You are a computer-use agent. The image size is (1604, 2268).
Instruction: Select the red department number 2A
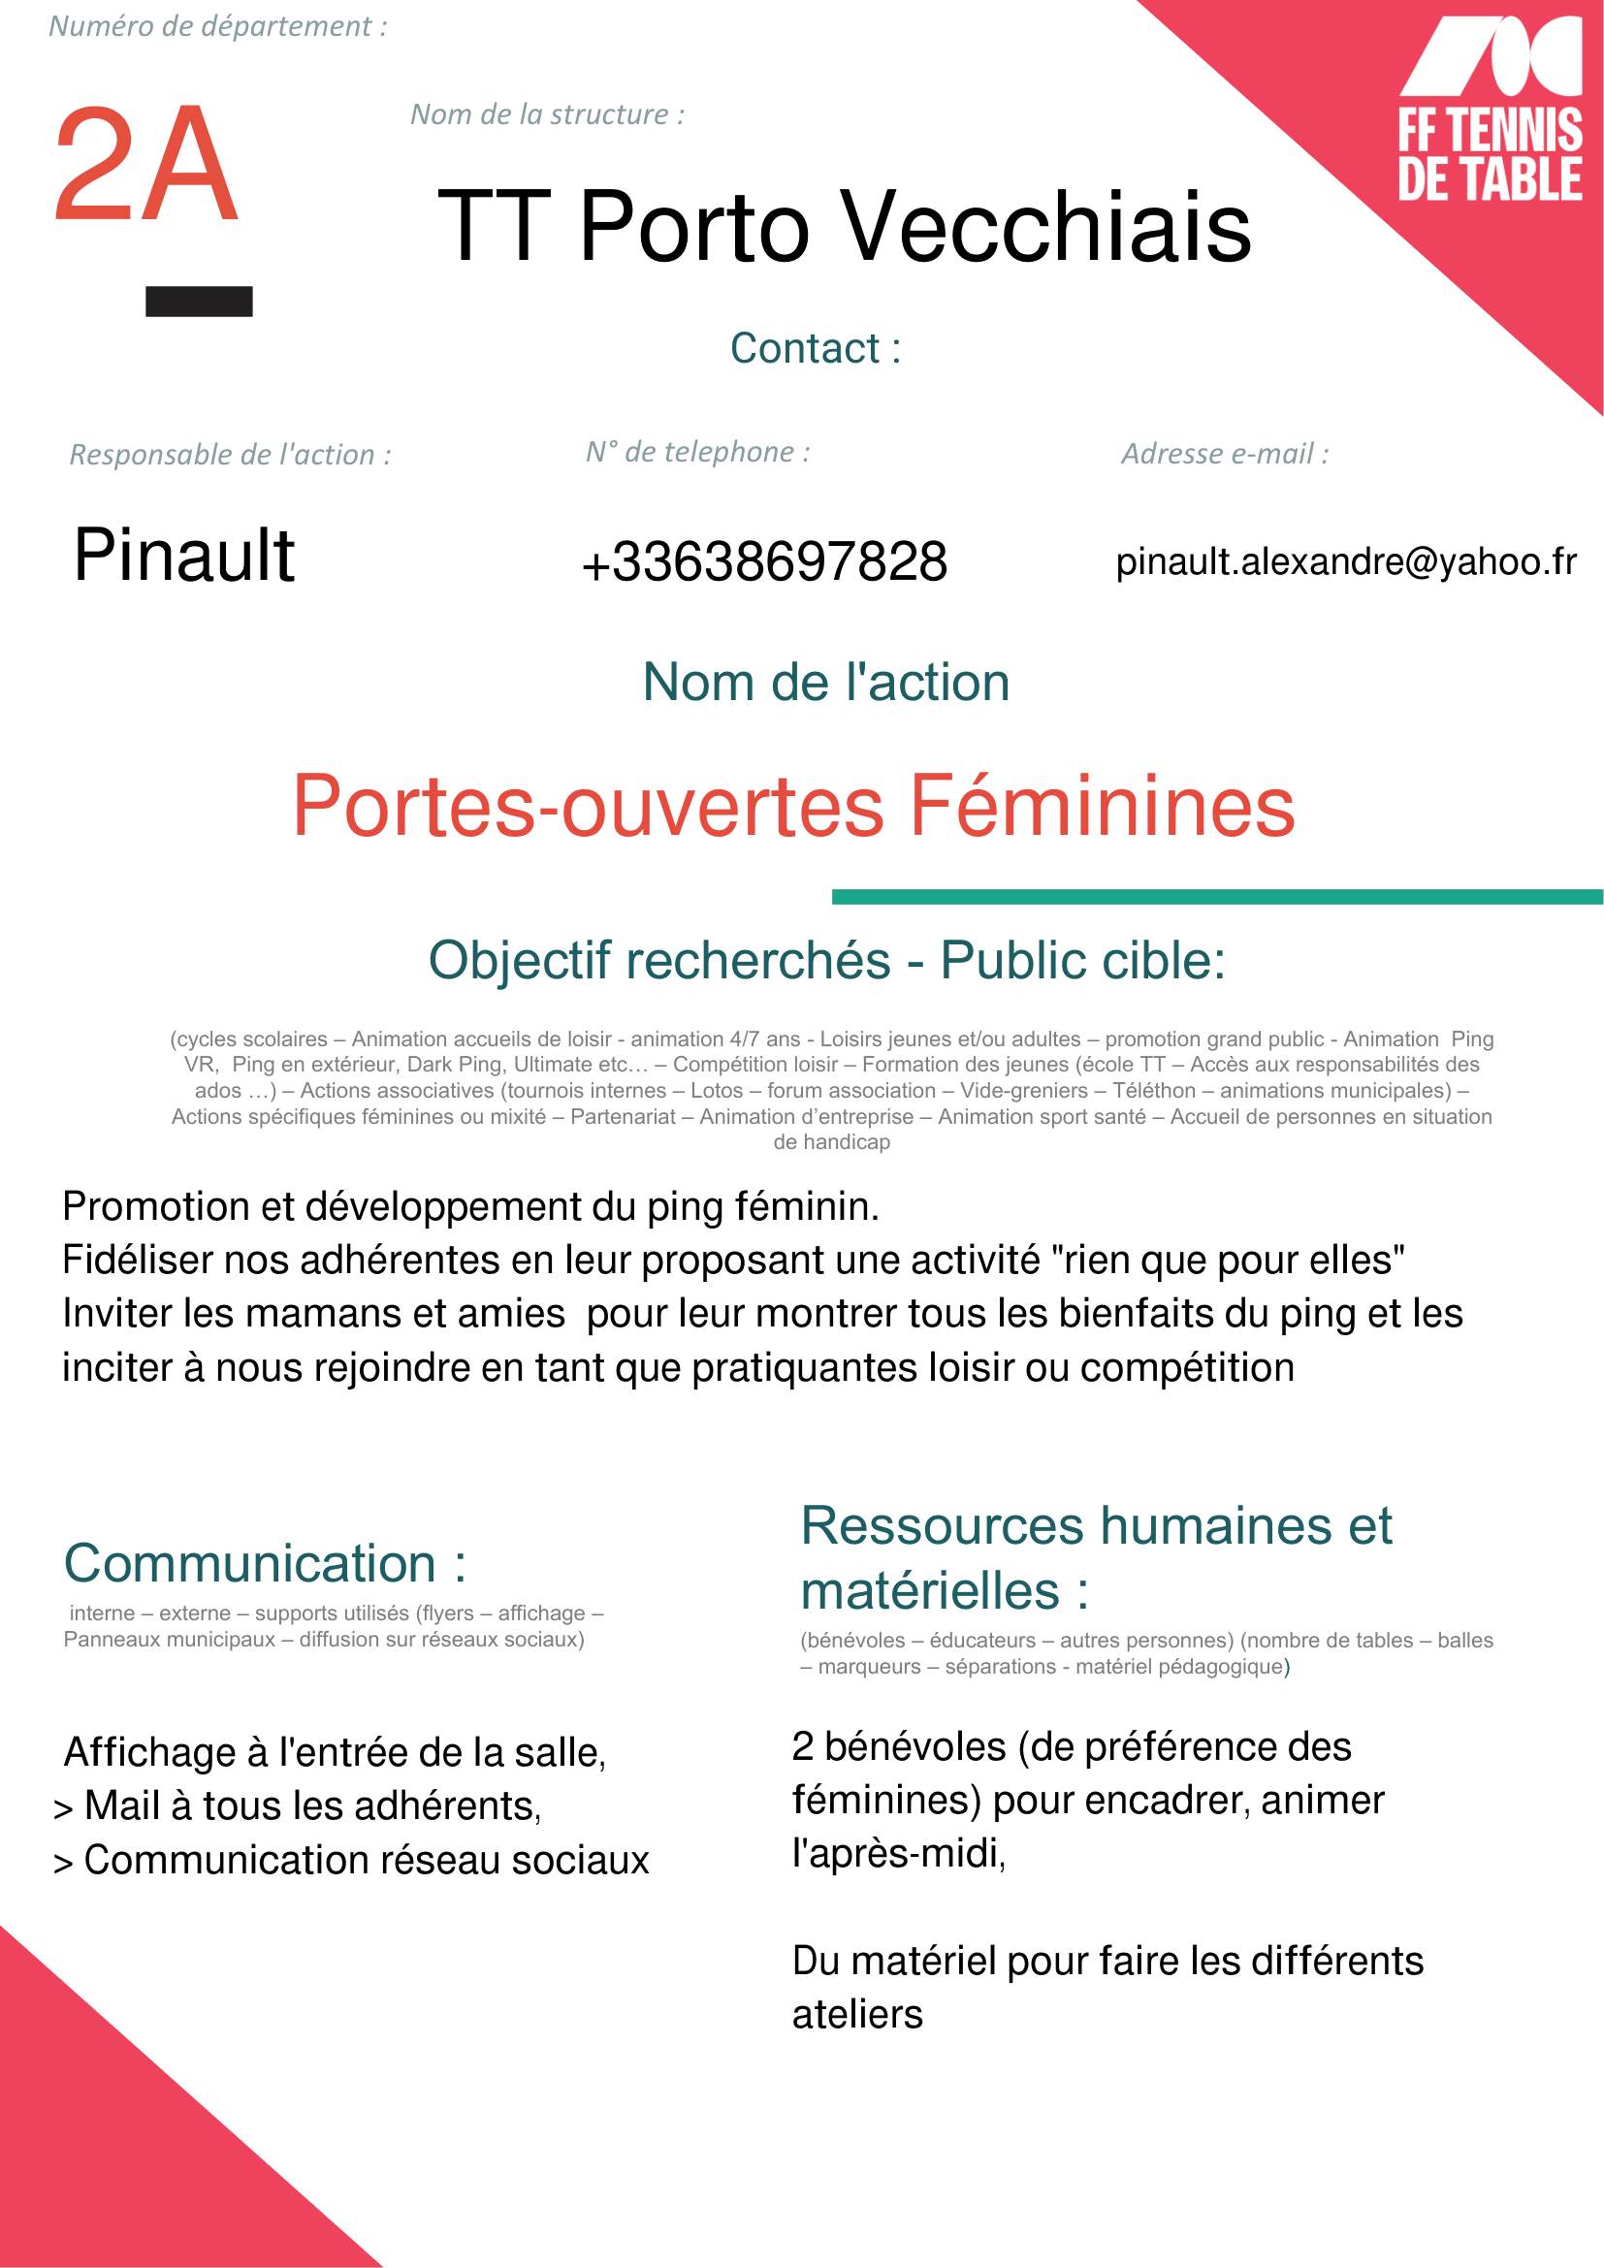point(146,165)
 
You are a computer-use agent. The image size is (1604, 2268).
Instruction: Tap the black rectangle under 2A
point(199,302)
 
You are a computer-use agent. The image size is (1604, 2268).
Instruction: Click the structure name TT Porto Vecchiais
point(845,227)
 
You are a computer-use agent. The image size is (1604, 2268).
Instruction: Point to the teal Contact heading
point(815,349)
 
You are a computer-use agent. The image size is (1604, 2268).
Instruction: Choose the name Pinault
point(183,556)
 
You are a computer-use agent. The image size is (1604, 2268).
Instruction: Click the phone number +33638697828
point(764,562)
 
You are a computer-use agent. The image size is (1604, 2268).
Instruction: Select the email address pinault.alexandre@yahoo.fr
point(1345,561)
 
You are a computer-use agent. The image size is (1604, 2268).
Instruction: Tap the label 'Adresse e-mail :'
point(1225,454)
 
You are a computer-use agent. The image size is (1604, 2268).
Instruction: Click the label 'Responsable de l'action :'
point(230,455)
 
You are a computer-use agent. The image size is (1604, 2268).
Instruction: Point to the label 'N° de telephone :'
point(697,452)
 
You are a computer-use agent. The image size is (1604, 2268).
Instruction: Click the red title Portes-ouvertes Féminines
point(793,806)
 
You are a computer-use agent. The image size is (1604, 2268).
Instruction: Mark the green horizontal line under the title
point(1217,897)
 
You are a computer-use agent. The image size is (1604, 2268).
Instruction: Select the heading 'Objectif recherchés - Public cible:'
point(826,960)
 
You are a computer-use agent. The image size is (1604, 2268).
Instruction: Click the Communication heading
point(265,1564)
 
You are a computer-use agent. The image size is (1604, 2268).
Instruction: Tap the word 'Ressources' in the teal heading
point(943,1526)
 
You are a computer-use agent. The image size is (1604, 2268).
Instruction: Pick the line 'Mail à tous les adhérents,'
point(312,1805)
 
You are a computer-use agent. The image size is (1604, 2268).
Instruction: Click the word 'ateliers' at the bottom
point(857,2014)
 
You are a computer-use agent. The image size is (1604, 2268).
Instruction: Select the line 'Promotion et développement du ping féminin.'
point(470,1206)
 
